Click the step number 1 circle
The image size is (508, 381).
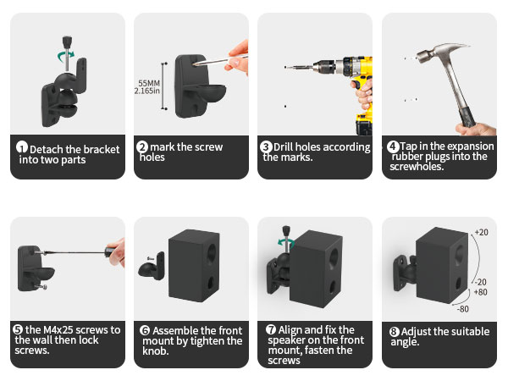pos(22,147)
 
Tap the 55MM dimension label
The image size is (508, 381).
pos(149,83)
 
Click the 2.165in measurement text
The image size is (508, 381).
pos(147,91)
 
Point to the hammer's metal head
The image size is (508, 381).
pos(440,52)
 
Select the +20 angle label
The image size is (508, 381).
pos(482,232)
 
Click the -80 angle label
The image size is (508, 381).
pos(463,309)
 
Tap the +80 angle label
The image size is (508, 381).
pos(480,292)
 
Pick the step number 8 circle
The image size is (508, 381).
pos(394,332)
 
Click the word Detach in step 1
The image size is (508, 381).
pos(47,149)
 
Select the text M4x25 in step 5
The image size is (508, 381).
pos(58,330)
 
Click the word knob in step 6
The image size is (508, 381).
pos(156,351)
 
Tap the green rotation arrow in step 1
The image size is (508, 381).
pos(66,56)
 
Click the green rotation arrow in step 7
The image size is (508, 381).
pos(286,242)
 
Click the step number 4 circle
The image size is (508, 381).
pos(393,146)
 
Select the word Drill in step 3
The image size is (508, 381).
pos(283,147)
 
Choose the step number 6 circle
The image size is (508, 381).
pos(145,331)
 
